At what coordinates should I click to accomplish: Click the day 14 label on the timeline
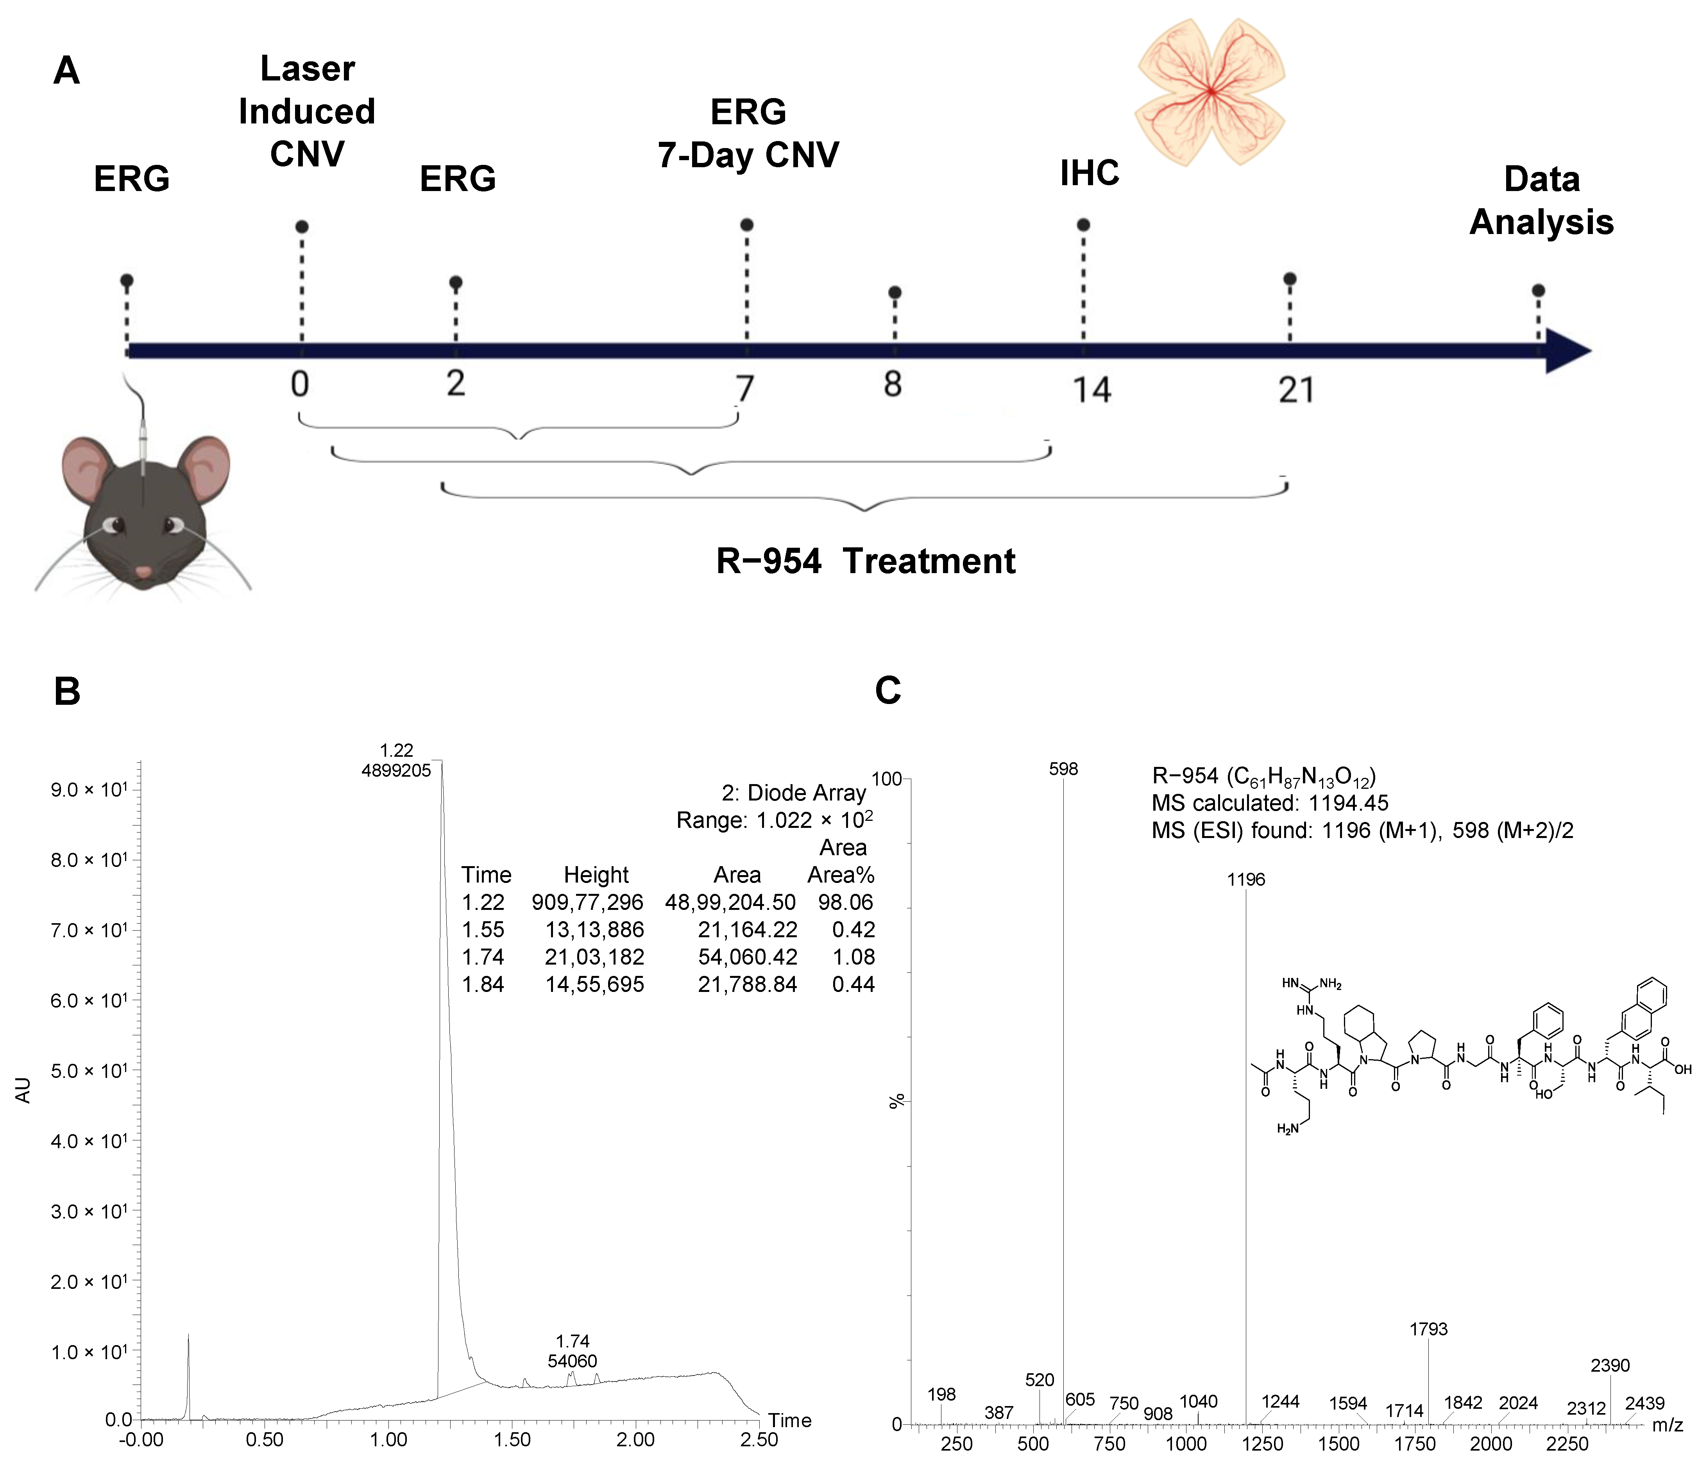click(x=1091, y=390)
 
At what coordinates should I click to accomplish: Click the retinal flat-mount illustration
click(x=1210, y=92)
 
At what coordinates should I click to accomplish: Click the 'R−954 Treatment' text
click(x=865, y=561)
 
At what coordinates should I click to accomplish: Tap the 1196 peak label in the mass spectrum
click(x=1245, y=880)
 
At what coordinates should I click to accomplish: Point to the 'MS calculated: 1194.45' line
click(x=1270, y=803)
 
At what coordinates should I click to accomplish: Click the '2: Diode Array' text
click(x=793, y=793)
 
